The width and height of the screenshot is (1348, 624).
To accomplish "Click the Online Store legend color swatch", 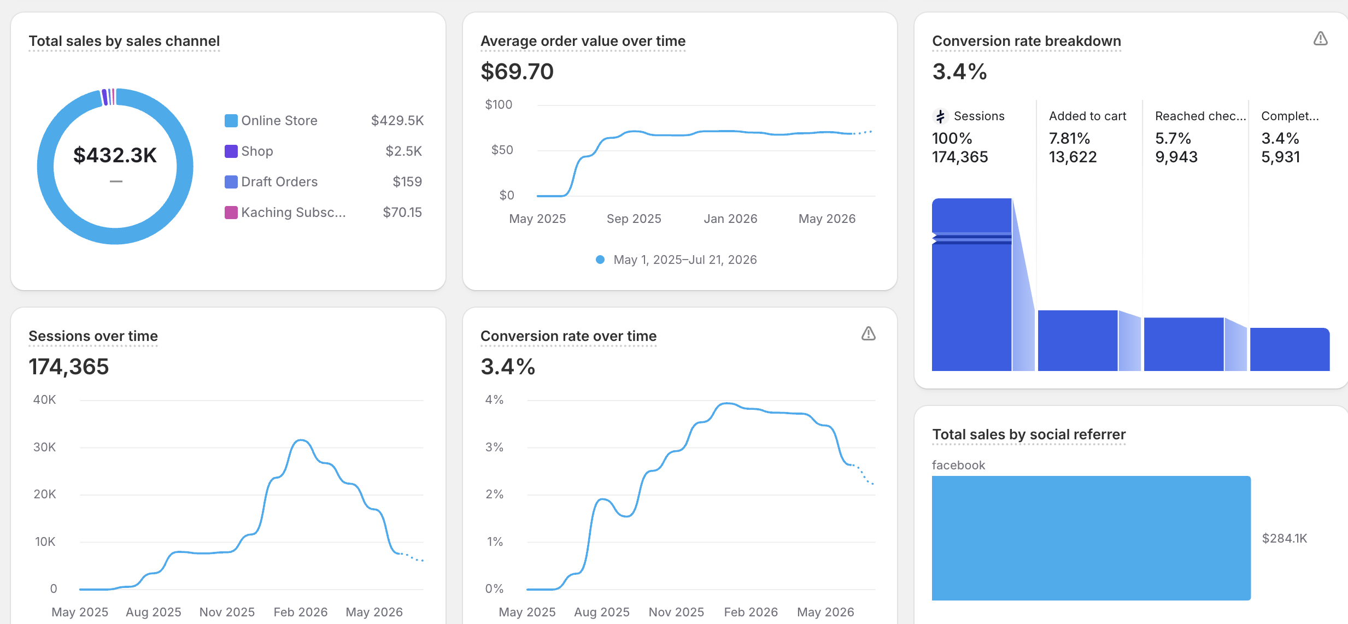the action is pyautogui.click(x=231, y=121).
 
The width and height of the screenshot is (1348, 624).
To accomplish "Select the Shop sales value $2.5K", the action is pyautogui.click(x=403, y=151).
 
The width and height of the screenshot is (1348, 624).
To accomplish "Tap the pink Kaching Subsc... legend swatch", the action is pyautogui.click(x=231, y=213).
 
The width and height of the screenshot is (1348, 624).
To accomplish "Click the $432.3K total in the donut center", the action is pyautogui.click(x=115, y=155).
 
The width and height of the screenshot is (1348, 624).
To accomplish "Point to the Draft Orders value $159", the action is pyautogui.click(x=407, y=182).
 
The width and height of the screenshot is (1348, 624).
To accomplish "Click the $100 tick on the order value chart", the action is pyautogui.click(x=499, y=104).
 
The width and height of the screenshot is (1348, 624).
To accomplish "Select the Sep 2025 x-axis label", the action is pyautogui.click(x=634, y=219).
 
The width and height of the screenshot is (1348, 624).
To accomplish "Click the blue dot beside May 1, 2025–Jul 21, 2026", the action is pyautogui.click(x=600, y=260).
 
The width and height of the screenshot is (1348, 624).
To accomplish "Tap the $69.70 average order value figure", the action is pyautogui.click(x=517, y=72).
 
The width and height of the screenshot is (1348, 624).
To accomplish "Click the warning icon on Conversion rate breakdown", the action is pyautogui.click(x=1320, y=38).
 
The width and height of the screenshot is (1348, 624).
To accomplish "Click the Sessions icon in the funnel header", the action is pyautogui.click(x=940, y=116).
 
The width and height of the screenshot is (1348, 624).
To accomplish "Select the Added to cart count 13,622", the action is pyautogui.click(x=1072, y=157).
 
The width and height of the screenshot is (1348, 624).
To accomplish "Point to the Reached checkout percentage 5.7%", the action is pyautogui.click(x=1173, y=138).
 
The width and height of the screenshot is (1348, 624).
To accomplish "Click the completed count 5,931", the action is pyautogui.click(x=1280, y=157).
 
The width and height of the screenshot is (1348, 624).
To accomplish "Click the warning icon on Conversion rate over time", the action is pyautogui.click(x=868, y=333).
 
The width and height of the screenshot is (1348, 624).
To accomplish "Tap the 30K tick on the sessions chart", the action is pyautogui.click(x=44, y=447).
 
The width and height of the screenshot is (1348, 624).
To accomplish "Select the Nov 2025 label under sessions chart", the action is pyautogui.click(x=227, y=612).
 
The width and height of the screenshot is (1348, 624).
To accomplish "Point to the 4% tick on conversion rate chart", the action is pyautogui.click(x=494, y=399).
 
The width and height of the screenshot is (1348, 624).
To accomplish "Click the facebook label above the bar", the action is pyautogui.click(x=958, y=465).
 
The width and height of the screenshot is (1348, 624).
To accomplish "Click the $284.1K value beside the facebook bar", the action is pyautogui.click(x=1284, y=538).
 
